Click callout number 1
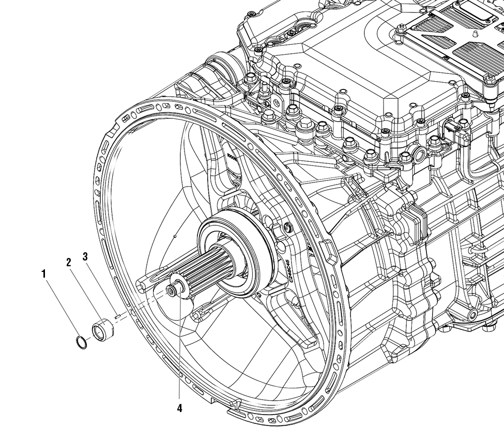coord(44,273)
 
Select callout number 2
coord(68,262)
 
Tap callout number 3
coord(85,256)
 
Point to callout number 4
coord(179,408)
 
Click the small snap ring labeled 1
coord(82,342)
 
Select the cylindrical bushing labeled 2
coord(102,328)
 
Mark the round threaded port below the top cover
coord(419,154)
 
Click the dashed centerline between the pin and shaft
coord(145,305)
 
